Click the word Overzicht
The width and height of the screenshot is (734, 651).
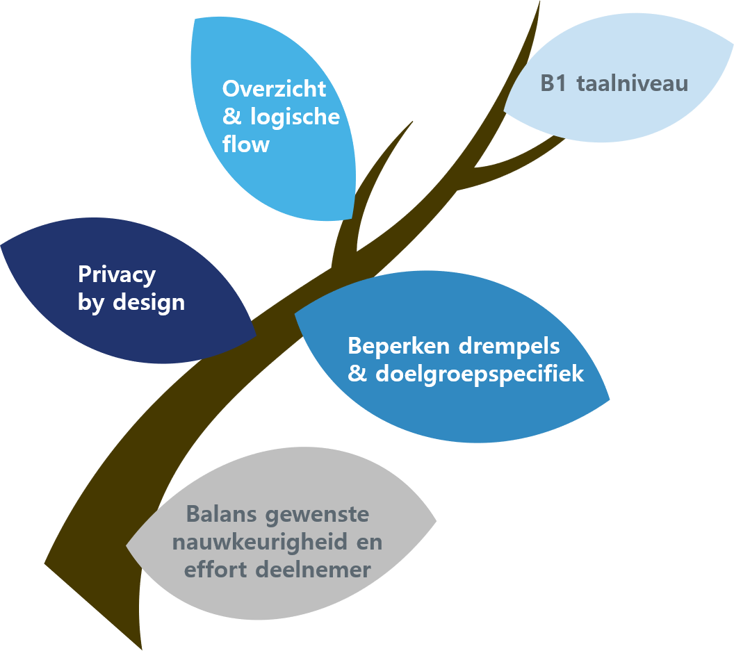tap(274, 89)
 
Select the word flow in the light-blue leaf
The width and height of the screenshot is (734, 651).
tap(245, 145)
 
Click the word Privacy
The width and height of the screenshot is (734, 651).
tap(117, 275)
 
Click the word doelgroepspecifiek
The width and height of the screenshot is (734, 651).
tap(480, 374)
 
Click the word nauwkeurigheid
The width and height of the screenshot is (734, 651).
tap(263, 543)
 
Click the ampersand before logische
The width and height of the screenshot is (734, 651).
tap(232, 117)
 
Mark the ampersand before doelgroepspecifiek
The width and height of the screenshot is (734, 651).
tap(357, 374)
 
